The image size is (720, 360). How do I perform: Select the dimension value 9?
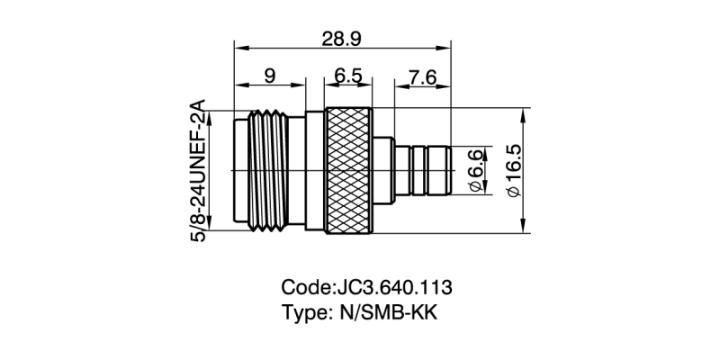(x=270, y=77)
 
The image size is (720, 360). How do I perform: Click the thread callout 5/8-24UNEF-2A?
(x=198, y=169)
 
